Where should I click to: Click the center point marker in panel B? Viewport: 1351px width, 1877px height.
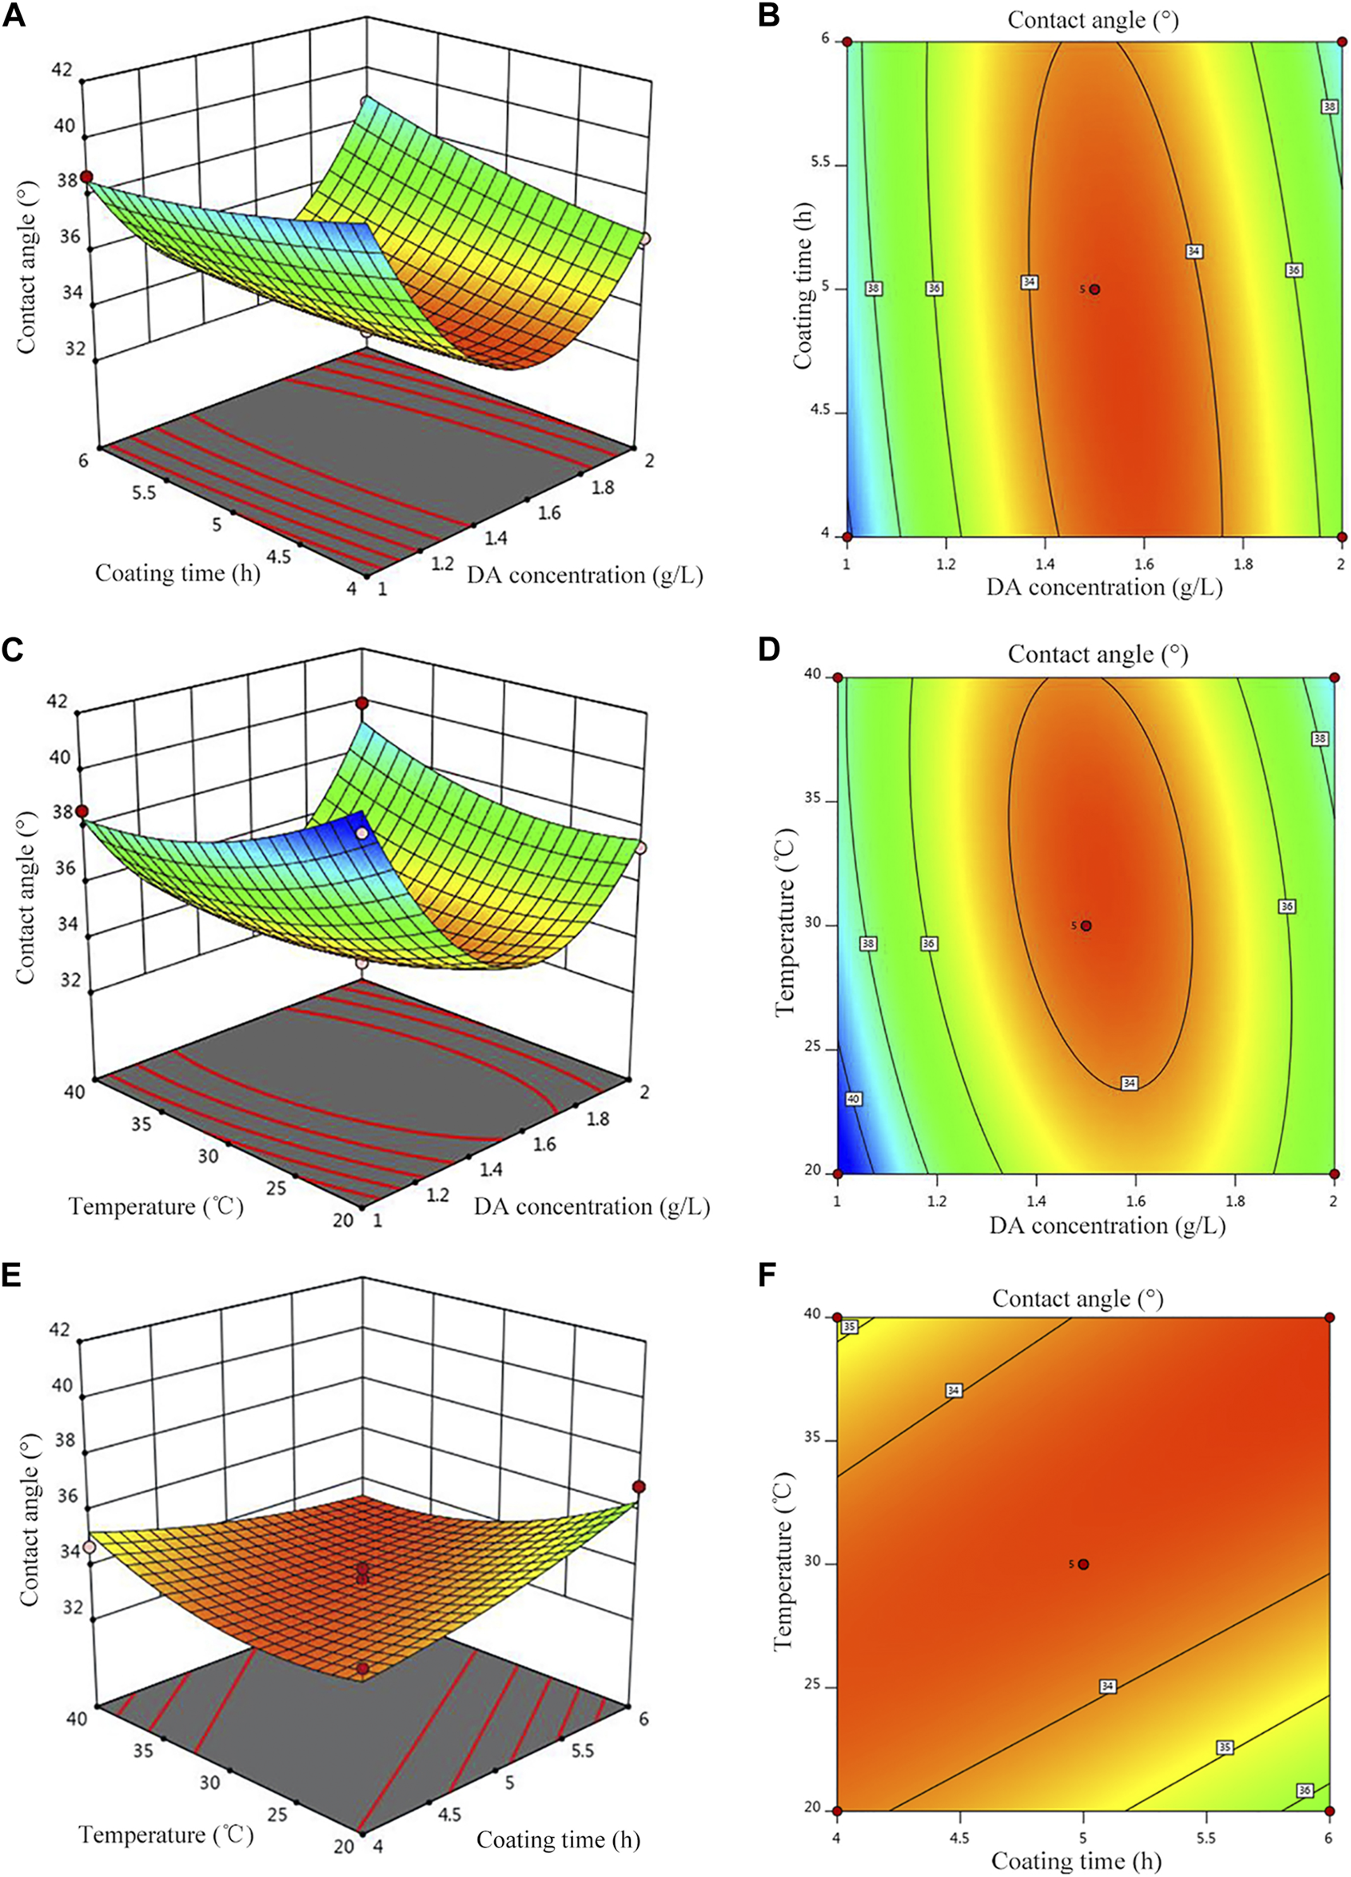[x=1094, y=290]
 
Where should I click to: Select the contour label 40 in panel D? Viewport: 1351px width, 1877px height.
[x=854, y=1099]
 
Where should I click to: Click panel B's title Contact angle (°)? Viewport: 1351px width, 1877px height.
[x=1093, y=20]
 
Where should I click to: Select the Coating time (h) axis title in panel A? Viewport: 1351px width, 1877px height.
[x=178, y=573]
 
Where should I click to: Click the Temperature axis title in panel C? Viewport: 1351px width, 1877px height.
[x=157, y=1207]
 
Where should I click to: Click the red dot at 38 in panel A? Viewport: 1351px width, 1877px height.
[x=86, y=178]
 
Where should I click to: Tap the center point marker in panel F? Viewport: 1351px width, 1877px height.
[x=1083, y=1564]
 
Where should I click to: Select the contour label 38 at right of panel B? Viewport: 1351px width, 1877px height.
[x=1329, y=106]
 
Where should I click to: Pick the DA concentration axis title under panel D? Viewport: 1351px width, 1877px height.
[x=1107, y=1226]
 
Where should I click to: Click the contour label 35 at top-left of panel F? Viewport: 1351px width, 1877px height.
[x=849, y=1327]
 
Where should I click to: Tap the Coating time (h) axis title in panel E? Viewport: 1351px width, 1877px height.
[x=559, y=1839]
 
